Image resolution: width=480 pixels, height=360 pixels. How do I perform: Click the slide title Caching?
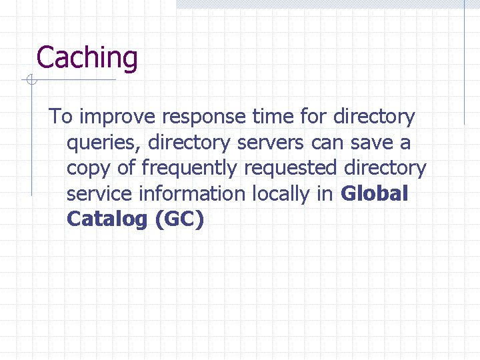87,58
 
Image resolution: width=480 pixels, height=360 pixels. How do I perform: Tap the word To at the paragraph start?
61,117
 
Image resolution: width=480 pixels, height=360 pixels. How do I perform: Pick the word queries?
103,143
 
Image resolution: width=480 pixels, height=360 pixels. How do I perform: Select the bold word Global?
374,194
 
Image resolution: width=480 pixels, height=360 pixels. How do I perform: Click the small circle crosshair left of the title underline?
31,81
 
